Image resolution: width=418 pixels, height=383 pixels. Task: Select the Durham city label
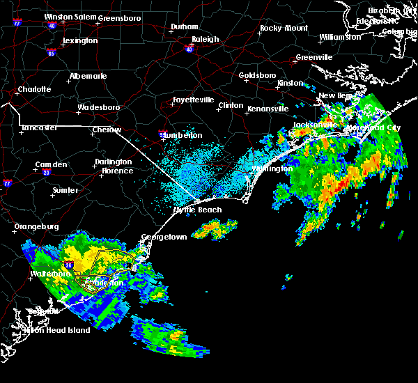click(185, 27)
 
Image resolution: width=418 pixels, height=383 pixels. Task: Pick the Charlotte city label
click(35, 89)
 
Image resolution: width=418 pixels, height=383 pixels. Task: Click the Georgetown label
click(164, 237)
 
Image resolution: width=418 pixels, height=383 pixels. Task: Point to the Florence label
click(117, 171)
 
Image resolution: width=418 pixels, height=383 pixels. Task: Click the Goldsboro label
click(257, 75)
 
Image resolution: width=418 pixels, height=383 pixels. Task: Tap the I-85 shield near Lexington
click(52, 52)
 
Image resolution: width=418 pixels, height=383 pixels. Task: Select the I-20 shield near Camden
click(46, 172)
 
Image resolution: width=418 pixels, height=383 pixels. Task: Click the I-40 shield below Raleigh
click(189, 49)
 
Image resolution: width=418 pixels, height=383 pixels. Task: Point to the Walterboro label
click(52, 274)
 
